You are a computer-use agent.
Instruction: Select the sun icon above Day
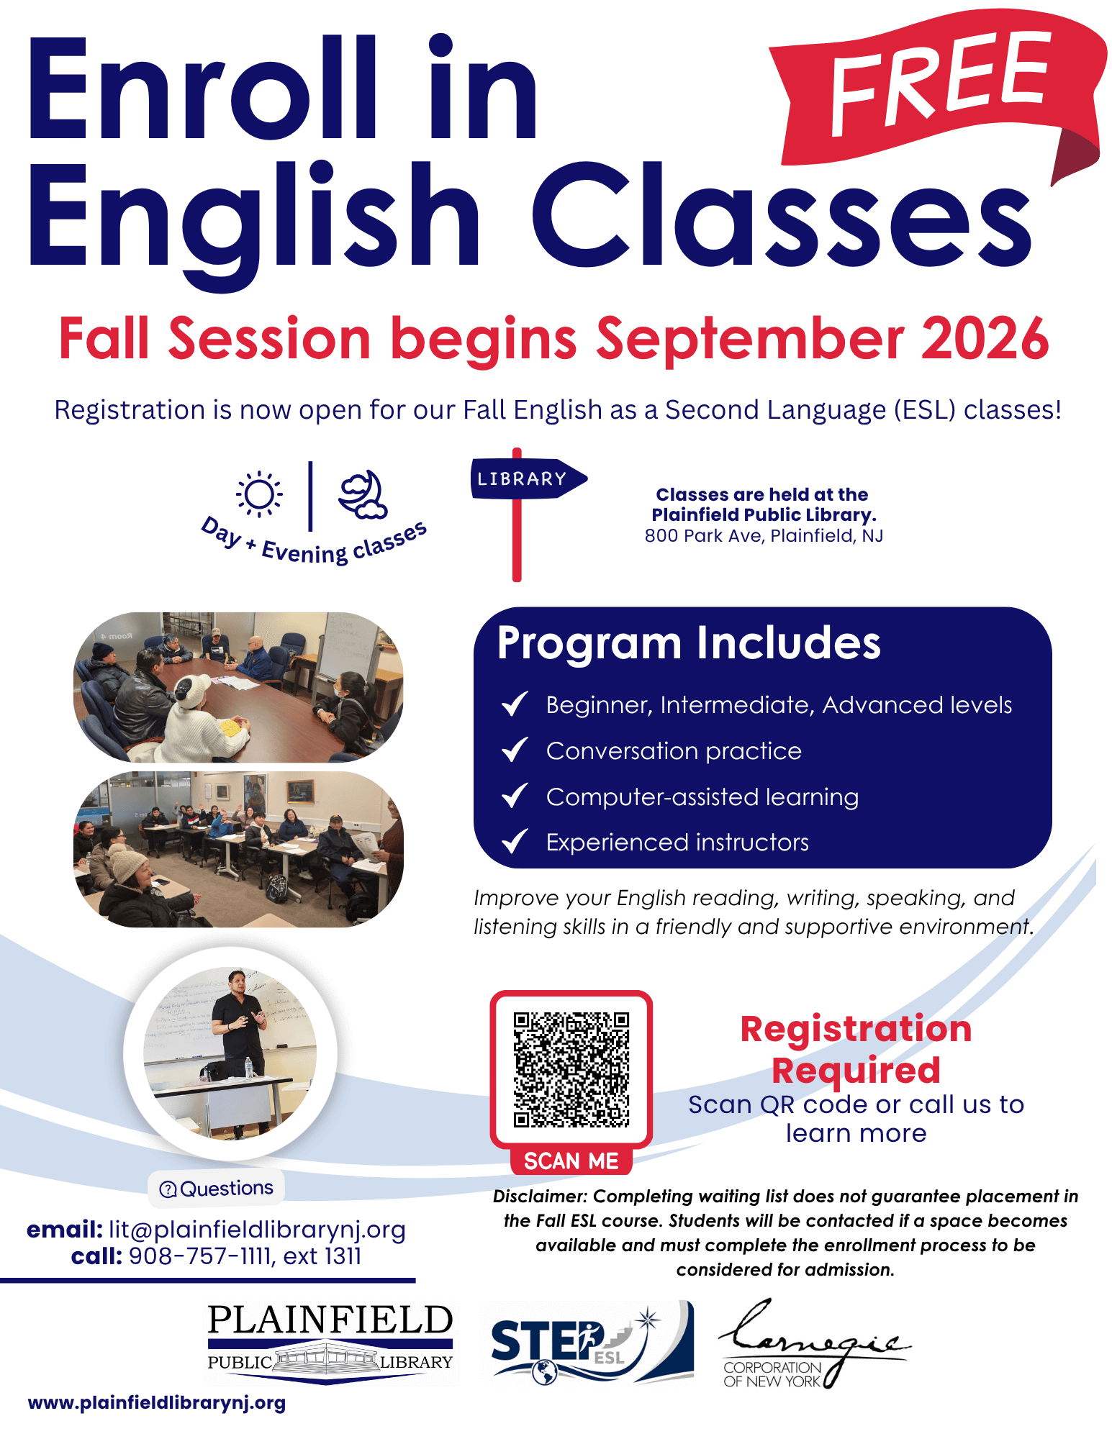(259, 494)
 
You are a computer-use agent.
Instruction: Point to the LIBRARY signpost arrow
(529, 478)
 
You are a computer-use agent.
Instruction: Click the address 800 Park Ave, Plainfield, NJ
(764, 536)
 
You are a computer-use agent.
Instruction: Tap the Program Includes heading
(689, 643)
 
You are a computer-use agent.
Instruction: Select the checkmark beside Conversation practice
(515, 750)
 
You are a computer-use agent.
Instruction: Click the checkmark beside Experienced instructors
(515, 841)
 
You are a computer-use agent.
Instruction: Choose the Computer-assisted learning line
(702, 797)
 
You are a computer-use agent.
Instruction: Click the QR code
(571, 1069)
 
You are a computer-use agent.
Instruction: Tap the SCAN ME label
(571, 1161)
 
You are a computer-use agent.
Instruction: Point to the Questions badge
(217, 1189)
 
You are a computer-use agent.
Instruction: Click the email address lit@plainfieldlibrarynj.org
(257, 1230)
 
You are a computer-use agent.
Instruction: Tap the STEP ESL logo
(592, 1343)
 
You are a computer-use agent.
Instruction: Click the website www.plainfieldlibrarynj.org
(157, 1403)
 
